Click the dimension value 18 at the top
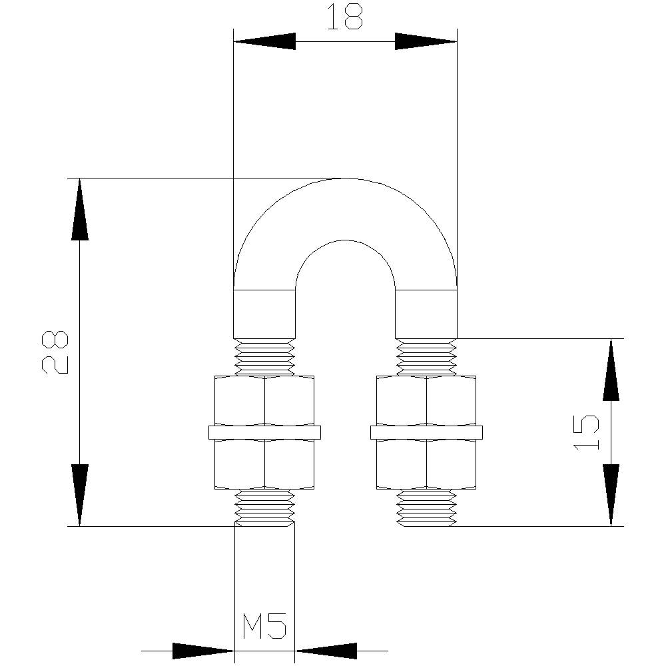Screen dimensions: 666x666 (345, 19)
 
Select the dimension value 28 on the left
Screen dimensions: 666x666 (55, 352)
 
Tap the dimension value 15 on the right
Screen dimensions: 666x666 (586, 432)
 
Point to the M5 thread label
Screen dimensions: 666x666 (264, 627)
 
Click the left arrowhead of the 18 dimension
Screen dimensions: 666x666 (264, 41)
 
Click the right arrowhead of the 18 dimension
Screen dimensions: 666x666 (426, 41)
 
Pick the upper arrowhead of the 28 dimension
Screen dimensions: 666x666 (80, 209)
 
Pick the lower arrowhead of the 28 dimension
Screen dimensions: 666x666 (80, 496)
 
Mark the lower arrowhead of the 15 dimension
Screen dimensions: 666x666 (611, 495)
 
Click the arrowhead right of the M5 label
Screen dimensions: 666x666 (326, 650)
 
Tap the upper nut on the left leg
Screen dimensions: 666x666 (264, 400)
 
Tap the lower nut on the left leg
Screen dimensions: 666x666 (264, 464)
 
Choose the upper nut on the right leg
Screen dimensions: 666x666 (426, 400)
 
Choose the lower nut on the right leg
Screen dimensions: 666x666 (426, 464)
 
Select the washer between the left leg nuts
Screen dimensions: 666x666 (264, 432)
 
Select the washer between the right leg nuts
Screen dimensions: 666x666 (426, 432)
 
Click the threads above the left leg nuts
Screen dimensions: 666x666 (264, 357)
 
